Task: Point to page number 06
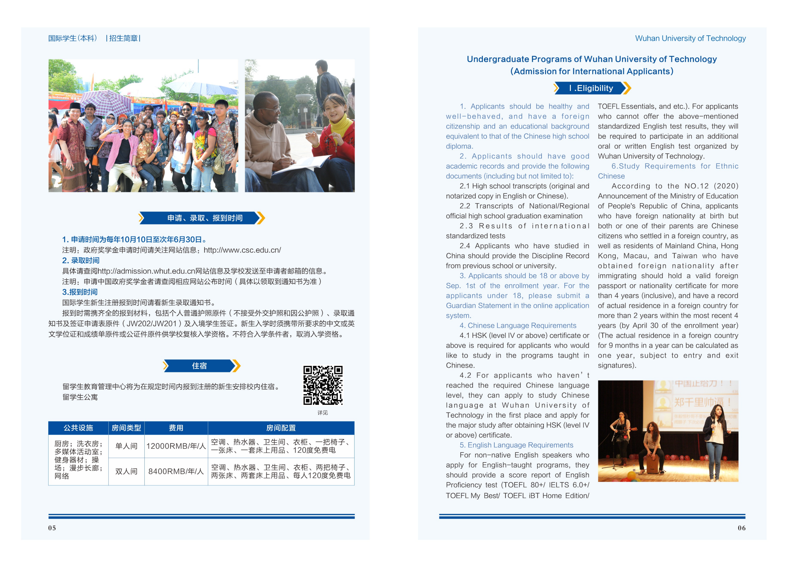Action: (741, 528)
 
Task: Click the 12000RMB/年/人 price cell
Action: (176, 446)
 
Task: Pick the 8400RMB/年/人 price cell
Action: (176, 471)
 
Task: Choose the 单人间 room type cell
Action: (126, 446)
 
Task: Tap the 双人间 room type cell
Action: (126, 471)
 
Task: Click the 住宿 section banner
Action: (200, 366)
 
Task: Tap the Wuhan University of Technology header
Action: (690, 38)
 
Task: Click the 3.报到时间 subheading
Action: (80, 292)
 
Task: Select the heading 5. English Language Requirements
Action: (516, 445)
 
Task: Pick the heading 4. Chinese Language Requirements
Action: (518, 326)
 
